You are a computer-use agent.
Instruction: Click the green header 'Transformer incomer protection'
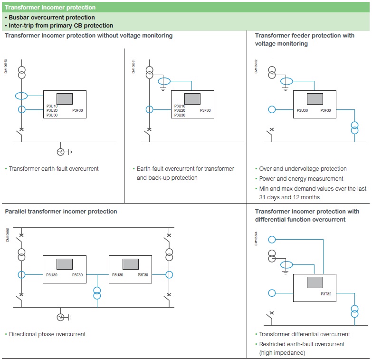[50, 8]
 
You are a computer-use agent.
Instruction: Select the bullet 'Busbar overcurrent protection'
[52, 18]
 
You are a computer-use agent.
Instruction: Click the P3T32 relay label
[326, 294]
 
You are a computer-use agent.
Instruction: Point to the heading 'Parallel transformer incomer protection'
[61, 212]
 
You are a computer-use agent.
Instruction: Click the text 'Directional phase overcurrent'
[47, 334]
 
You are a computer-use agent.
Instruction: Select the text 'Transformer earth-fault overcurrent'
[54, 169]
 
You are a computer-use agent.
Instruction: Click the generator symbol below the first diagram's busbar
[61, 152]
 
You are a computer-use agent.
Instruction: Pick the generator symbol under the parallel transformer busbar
[61, 317]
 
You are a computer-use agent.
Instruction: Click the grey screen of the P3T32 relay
[315, 282]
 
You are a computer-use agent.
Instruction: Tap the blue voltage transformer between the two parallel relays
[97, 293]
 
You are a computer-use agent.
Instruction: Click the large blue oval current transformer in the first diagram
[22, 96]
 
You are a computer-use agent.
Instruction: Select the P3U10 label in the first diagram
[52, 106]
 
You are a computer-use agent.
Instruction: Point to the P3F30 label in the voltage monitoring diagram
[325, 110]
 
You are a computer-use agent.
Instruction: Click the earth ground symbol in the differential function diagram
[285, 272]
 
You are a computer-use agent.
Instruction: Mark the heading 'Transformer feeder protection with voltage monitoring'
[305, 39]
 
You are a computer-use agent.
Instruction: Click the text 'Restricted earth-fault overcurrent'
[302, 344]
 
